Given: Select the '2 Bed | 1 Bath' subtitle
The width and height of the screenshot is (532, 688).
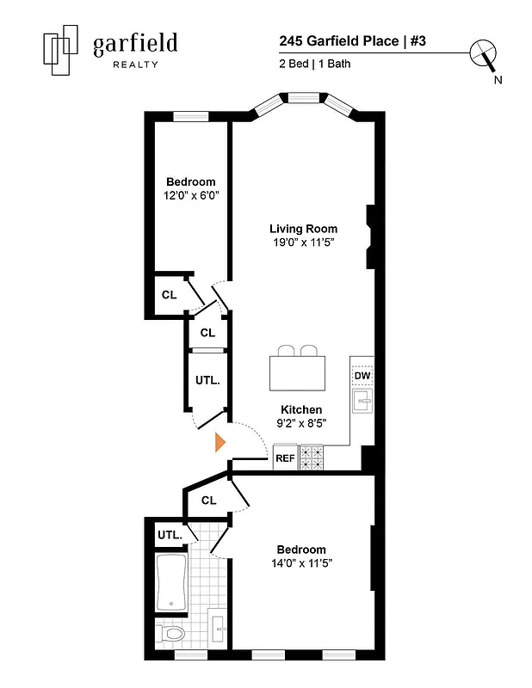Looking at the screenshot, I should [315, 63].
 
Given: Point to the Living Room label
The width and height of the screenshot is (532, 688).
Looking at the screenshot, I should [303, 229].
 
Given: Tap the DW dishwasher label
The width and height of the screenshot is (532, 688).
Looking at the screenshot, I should [362, 375].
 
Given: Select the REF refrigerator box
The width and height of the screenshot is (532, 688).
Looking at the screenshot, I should [285, 458].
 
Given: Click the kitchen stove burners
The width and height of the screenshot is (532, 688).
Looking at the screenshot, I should [311, 457].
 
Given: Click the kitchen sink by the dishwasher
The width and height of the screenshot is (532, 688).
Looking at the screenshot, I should [362, 402].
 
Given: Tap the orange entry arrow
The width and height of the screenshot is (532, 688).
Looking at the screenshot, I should [220, 442].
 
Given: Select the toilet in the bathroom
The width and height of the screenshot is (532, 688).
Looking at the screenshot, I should [172, 635].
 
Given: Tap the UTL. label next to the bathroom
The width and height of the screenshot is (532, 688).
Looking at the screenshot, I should [170, 535].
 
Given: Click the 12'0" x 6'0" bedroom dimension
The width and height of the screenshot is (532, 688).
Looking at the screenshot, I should [191, 195].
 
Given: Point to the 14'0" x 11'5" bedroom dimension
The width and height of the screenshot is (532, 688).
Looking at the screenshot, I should [301, 562].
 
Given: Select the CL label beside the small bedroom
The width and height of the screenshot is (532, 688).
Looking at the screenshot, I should [169, 295].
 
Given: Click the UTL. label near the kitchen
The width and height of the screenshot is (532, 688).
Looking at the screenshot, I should [207, 379].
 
